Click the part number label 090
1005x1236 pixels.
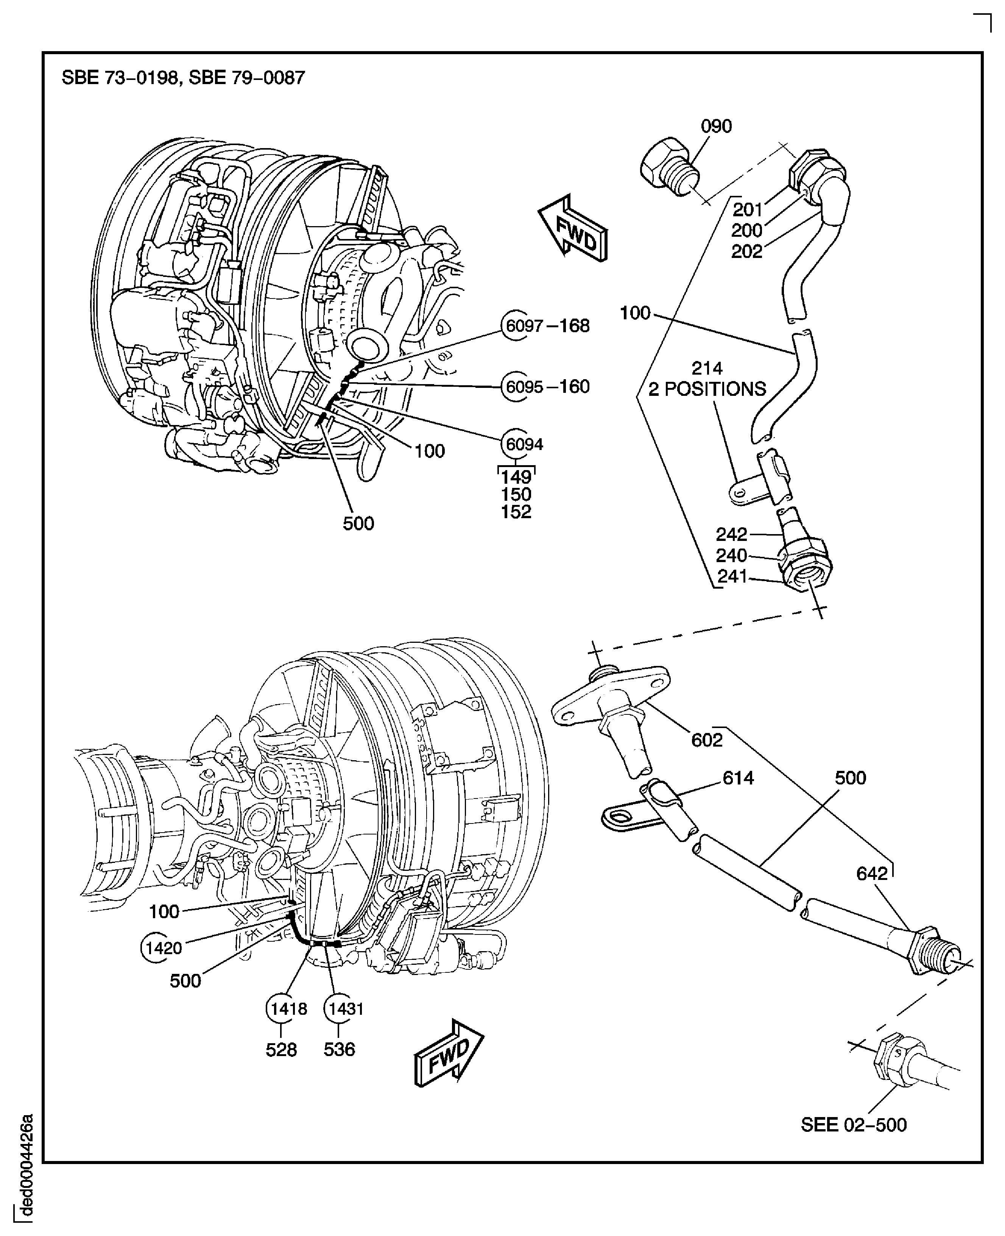716,126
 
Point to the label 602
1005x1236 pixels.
707,740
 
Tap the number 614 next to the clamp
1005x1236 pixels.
738,778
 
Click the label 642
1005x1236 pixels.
872,873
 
